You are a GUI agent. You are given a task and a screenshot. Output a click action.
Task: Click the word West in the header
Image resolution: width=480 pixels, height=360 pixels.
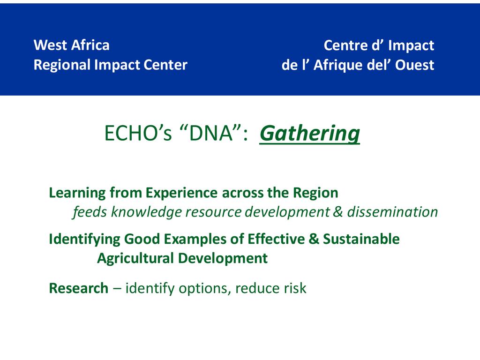click(50, 45)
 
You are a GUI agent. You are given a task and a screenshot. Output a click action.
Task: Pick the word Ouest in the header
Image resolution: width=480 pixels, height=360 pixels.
click(414, 65)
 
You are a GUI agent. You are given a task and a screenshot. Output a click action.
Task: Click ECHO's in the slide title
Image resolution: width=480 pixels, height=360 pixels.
click(138, 133)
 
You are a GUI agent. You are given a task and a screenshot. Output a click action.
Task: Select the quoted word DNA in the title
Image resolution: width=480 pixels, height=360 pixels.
click(211, 133)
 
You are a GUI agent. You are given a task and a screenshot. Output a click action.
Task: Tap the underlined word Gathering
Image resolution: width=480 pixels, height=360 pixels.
click(310, 134)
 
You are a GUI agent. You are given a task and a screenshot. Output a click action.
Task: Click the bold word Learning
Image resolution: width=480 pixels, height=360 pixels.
click(77, 193)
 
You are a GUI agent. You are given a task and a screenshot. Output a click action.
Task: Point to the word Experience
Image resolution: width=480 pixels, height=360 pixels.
click(181, 193)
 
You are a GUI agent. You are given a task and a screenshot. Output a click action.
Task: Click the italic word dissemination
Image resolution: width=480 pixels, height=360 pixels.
click(392, 212)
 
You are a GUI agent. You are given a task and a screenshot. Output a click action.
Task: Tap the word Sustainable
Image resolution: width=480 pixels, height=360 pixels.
click(361, 239)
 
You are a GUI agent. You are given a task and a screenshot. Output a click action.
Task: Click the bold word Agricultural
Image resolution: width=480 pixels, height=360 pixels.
click(135, 258)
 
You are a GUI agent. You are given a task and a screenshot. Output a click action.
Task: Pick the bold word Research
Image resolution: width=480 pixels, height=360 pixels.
click(79, 288)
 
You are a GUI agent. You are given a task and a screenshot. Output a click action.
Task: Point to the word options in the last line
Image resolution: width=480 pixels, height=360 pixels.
click(205, 289)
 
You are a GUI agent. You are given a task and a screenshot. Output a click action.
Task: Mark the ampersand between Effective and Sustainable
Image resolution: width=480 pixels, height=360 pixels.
click(314, 239)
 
